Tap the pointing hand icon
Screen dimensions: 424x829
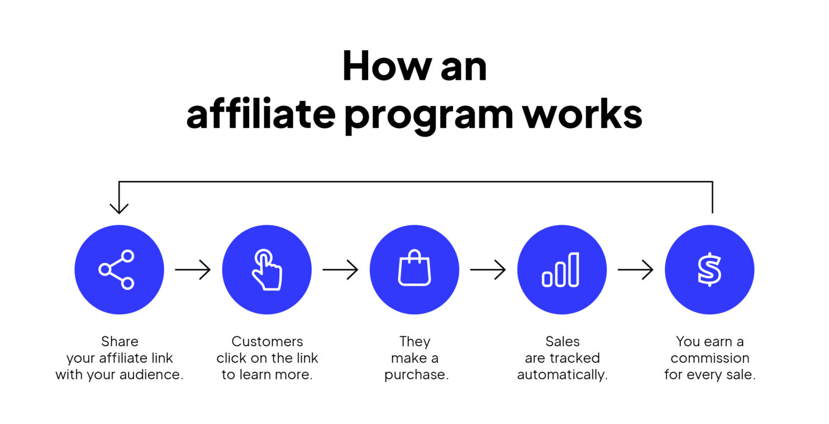click(x=266, y=270)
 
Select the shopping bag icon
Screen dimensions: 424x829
click(x=414, y=269)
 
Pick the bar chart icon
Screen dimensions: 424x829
click(x=561, y=270)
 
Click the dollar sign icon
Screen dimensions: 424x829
click(x=709, y=270)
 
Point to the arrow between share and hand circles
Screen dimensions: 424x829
click(x=193, y=270)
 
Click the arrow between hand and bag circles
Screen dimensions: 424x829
click(x=340, y=270)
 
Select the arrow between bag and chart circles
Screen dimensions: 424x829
click(x=488, y=270)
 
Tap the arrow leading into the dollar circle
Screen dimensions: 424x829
click(x=635, y=270)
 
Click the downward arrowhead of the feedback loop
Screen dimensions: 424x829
click(x=119, y=208)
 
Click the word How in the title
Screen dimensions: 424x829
click(x=379, y=66)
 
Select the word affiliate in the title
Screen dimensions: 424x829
click(x=260, y=114)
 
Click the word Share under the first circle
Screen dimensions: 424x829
click(x=120, y=341)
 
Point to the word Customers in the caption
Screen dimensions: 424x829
click(x=267, y=341)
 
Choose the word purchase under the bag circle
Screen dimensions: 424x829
click(x=416, y=375)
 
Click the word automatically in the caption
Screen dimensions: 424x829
click(x=561, y=375)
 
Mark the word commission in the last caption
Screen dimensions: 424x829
click(x=709, y=358)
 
